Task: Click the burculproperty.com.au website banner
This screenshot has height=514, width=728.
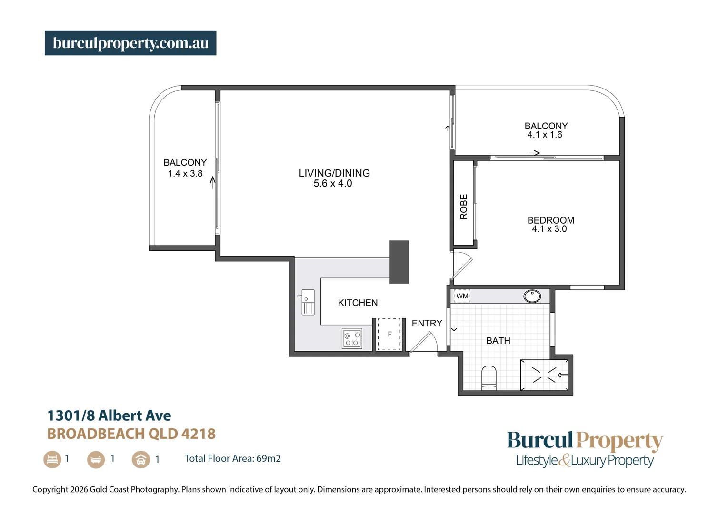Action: point(130,43)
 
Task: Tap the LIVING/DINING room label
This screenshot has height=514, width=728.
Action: point(334,173)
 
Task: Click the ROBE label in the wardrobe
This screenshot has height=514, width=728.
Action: point(464,207)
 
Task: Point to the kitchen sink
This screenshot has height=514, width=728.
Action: point(308,302)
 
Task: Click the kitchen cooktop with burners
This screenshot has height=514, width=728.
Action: point(352,338)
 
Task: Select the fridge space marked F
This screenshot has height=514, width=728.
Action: point(389,334)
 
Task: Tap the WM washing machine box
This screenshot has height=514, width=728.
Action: point(462,296)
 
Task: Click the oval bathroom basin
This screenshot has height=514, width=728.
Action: point(532,296)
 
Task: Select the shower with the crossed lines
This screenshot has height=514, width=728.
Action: point(544,375)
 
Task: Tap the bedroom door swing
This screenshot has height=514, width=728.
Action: point(461,265)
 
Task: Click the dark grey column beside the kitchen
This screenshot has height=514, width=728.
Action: point(399,262)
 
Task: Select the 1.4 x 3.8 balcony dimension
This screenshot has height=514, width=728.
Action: point(185,174)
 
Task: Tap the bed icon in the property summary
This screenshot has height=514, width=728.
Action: point(52,459)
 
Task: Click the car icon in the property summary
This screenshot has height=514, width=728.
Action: point(141,460)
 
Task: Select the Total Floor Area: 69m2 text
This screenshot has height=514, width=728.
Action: point(232,459)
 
